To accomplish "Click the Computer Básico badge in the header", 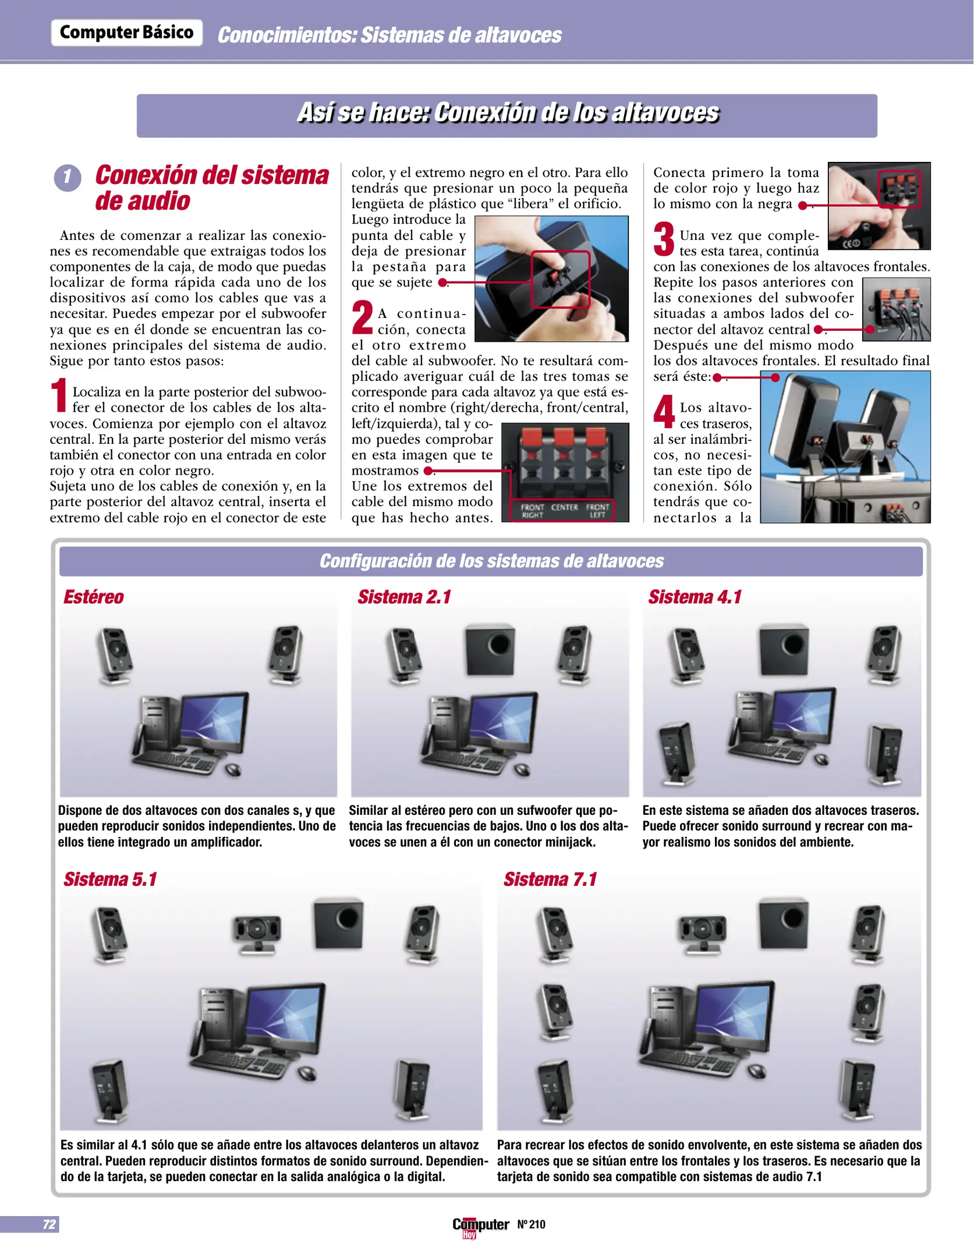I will [x=126, y=33].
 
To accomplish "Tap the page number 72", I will [x=49, y=1224].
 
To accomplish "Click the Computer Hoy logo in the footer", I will [x=480, y=1225].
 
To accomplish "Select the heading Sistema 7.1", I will [x=550, y=879].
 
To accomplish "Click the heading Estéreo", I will [x=93, y=597].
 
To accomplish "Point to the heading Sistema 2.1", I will [x=404, y=597].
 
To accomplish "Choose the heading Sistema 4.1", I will [x=695, y=597].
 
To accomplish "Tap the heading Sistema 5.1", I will [x=110, y=879].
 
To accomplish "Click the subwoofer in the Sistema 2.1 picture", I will [x=490, y=649].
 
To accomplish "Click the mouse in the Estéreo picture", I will [x=233, y=771].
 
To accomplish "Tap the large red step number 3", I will [x=664, y=239].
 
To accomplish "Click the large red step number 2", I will [x=362, y=318].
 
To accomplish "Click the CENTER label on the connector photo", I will [x=564, y=507].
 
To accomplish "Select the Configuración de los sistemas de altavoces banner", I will [x=491, y=561].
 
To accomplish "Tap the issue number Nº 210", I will [x=531, y=1224].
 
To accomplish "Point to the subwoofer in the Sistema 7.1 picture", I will [x=784, y=924].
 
